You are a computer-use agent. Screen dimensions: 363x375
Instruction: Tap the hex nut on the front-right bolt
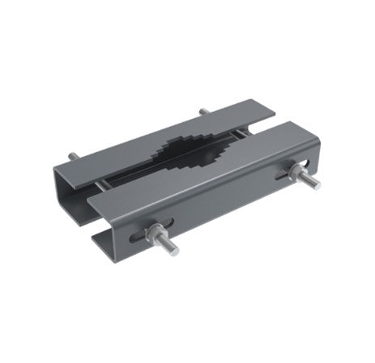[x=288, y=171]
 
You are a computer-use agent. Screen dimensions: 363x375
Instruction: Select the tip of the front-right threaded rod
[x=317, y=185]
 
